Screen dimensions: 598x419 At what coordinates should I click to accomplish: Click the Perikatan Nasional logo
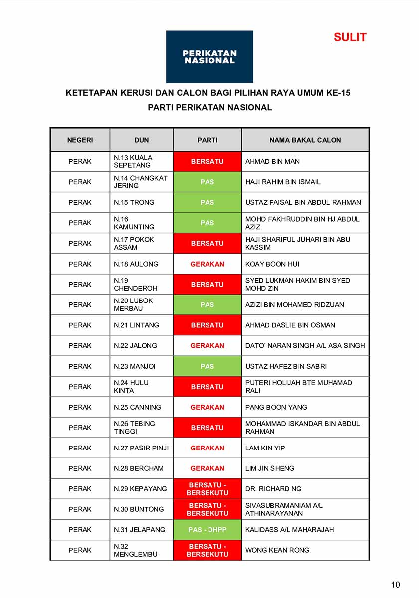209,57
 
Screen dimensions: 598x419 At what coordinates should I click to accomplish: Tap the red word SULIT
350,37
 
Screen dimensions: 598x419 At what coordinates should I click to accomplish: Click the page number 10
395,585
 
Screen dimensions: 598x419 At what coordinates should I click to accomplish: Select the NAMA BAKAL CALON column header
305,140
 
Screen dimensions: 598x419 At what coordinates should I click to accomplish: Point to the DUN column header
142,140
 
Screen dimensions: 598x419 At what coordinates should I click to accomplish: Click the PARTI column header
208,140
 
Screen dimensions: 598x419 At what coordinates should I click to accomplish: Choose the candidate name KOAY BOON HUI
272,264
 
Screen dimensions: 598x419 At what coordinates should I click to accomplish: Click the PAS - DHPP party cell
208,530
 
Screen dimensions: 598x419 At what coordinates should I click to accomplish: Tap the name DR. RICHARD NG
273,489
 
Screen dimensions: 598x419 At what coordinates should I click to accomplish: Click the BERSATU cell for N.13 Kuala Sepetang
208,162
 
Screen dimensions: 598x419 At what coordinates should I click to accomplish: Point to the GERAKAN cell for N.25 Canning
208,407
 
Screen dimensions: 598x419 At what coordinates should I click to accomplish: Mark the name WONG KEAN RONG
277,550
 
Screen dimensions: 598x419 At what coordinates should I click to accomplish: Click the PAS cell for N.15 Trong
208,203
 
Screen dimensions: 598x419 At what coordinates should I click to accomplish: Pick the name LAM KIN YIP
265,448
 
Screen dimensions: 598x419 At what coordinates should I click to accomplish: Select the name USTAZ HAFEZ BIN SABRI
286,366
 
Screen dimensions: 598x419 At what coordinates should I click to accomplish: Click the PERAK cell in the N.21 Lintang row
80,325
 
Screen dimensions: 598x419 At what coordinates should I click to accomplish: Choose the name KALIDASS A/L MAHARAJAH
290,530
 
